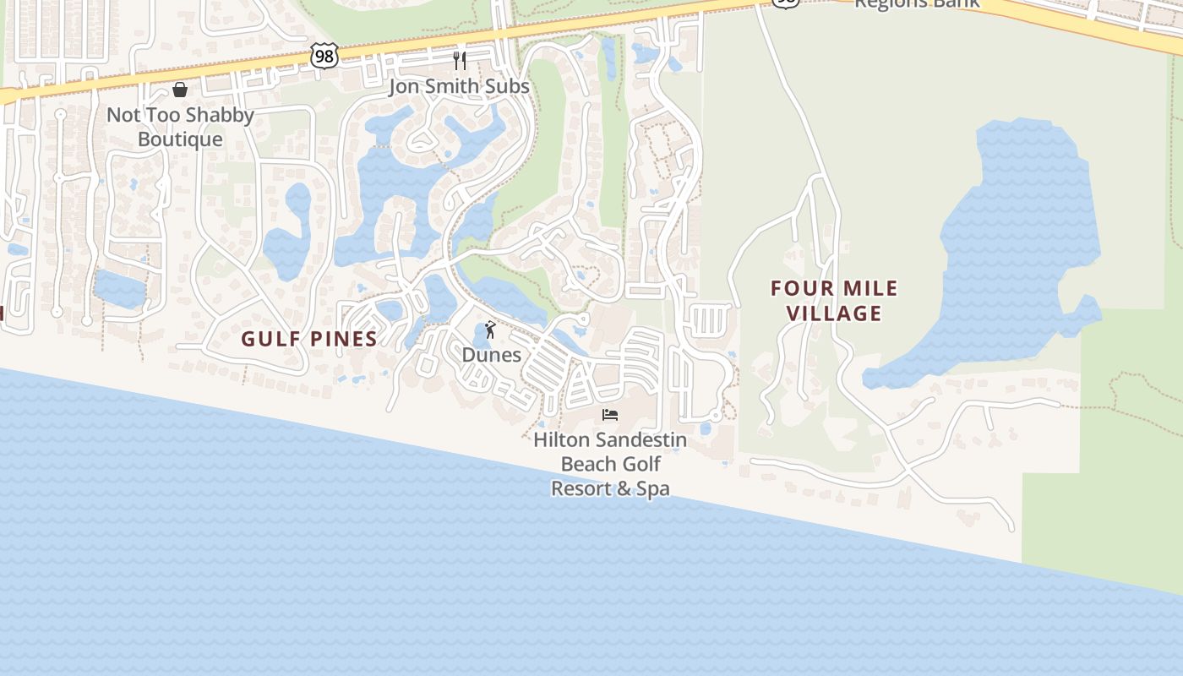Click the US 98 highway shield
[324, 57]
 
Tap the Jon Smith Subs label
[459, 86]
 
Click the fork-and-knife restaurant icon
[459, 60]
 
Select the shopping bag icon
[180, 90]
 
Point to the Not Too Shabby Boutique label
[180, 127]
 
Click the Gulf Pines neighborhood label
[309, 339]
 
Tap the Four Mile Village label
[834, 301]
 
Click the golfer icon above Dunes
[490, 330]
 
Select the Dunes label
[491, 355]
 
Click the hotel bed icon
[610, 415]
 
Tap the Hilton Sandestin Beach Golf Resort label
[610, 464]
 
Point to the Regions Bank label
[917, 3]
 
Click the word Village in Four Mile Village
[834, 313]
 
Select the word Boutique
[180, 139]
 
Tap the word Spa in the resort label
[652, 488]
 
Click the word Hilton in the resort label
[562, 440]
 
